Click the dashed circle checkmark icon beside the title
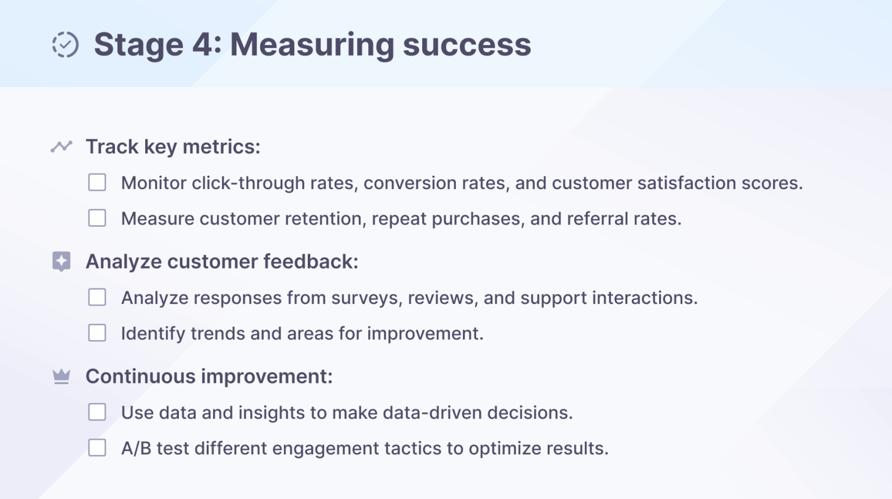[65, 45]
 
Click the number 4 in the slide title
[203, 45]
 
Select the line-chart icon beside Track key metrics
[62, 146]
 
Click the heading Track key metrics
[172, 147]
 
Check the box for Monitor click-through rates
[97, 182]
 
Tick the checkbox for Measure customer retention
[97, 218]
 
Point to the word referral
[597, 219]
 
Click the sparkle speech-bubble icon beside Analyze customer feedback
[62, 261]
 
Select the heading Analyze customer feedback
[222, 262]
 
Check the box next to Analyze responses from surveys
[97, 297]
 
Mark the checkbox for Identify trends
[97, 333]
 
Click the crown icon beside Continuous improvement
[62, 377]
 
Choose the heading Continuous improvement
[209, 377]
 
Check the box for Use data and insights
[97, 412]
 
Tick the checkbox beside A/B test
[97, 448]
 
